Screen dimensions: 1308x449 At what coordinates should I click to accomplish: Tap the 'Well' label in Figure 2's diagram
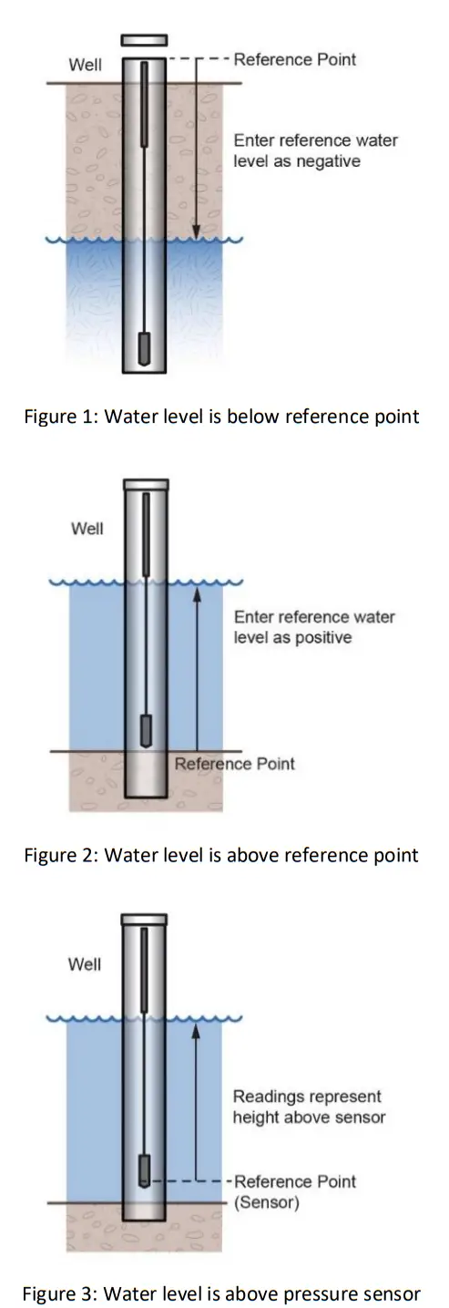87,529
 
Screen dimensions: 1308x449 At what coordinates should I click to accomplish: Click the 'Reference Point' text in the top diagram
295,60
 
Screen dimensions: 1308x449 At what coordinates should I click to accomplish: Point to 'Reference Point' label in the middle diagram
235,764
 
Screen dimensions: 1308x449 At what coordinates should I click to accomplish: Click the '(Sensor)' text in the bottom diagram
265,1202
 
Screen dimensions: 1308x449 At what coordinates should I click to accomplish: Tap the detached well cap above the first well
144,41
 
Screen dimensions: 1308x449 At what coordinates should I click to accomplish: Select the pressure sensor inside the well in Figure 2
144,730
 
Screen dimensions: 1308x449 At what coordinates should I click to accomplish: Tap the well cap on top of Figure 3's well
144,919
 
